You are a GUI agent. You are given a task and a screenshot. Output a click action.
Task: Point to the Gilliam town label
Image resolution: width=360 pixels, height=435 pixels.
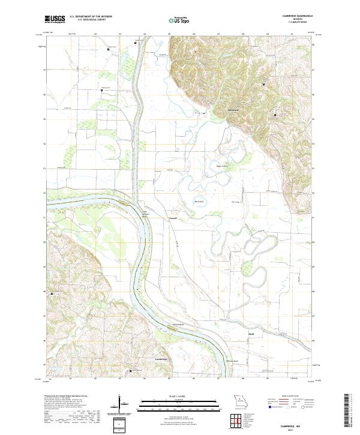(x=233, y=110)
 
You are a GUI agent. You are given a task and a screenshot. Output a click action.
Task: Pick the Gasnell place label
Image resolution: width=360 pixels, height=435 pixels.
(x=173, y=218)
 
